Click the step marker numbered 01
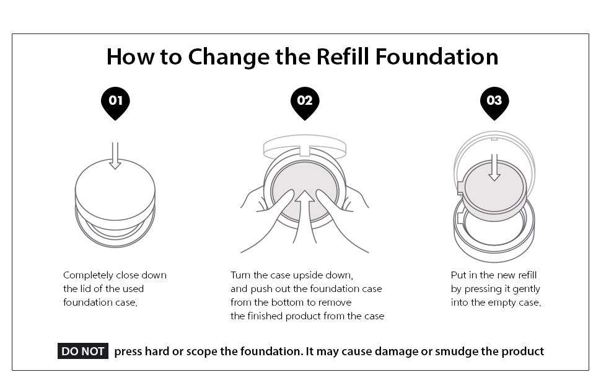pos(115,101)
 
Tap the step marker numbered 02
pos(305,101)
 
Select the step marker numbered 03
pos(494,101)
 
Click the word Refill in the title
pos(343,56)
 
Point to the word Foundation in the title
pos(437,56)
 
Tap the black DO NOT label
pos(82,352)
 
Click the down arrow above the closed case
pos(115,156)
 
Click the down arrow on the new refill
pos(494,169)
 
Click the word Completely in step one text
pos(88,275)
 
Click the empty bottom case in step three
pos(494,232)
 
